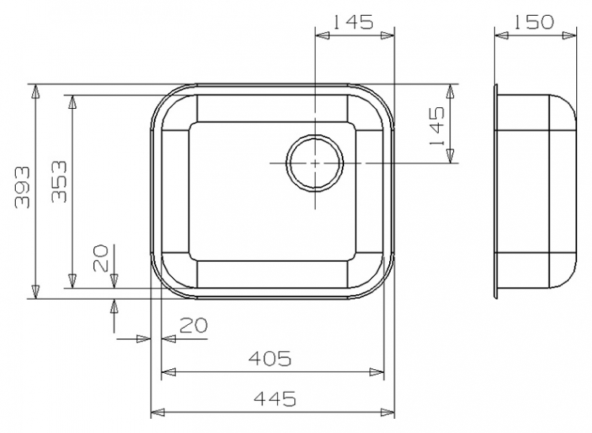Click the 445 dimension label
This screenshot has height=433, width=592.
click(x=274, y=398)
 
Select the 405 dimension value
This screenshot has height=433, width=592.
click(x=270, y=358)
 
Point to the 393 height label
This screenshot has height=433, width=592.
click(x=21, y=188)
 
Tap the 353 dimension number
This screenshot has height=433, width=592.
click(x=59, y=182)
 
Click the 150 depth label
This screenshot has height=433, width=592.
click(x=533, y=22)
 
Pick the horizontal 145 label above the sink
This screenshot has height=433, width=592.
click(x=352, y=22)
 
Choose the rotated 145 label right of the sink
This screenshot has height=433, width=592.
click(x=437, y=126)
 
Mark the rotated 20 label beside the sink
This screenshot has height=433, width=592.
click(x=100, y=258)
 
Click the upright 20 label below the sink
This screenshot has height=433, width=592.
click(x=193, y=326)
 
